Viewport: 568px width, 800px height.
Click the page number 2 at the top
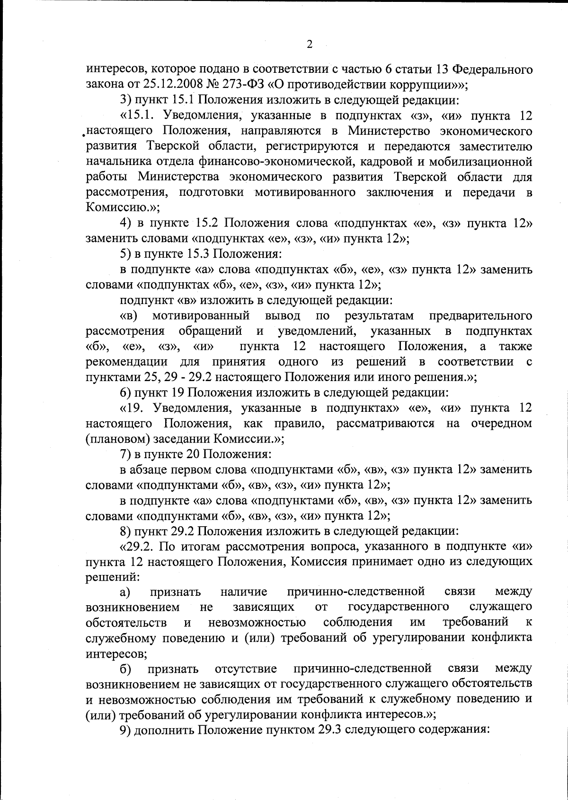pos(310,45)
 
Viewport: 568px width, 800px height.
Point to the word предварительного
pos(480,315)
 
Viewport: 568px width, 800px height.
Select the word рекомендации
pos(127,362)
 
